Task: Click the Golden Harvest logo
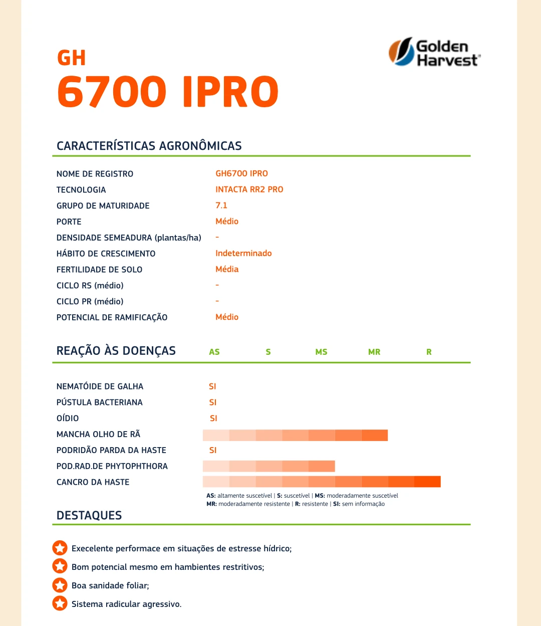[x=434, y=52]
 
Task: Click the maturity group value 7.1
[x=221, y=205]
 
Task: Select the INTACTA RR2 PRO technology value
[x=249, y=189]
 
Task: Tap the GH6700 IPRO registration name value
[x=241, y=173]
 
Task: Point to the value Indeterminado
[x=243, y=253]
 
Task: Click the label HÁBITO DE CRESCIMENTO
[x=106, y=254]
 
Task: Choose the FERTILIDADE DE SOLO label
[x=99, y=270]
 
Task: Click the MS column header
[x=321, y=352]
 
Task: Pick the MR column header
[x=374, y=352]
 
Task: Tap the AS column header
[x=214, y=352]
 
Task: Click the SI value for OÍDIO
[x=213, y=419]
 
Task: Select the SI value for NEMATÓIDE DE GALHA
[x=212, y=386]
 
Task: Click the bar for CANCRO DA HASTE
[x=322, y=482]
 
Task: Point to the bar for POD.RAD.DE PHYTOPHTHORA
[x=268, y=466]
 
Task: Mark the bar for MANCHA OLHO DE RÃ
[x=295, y=435]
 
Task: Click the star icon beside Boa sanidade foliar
[x=60, y=585]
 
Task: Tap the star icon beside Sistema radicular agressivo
[x=60, y=603]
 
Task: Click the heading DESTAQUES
[x=89, y=515]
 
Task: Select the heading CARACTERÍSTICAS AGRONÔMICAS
[x=149, y=146]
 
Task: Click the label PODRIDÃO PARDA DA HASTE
[x=111, y=450]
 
